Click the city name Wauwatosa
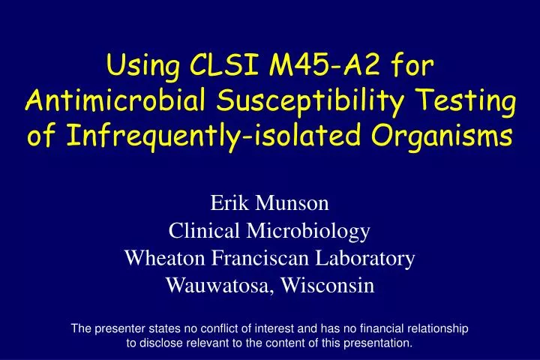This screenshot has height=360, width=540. click(x=223, y=286)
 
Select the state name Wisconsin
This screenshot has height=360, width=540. click(x=330, y=286)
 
